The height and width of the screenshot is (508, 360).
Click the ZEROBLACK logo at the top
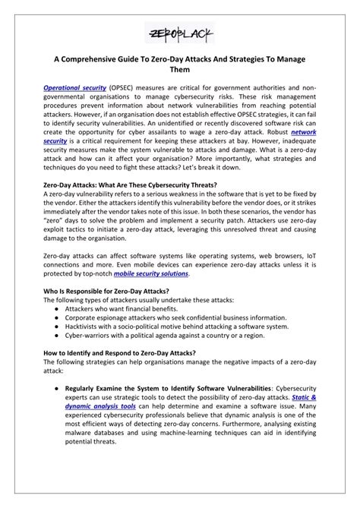[180, 33]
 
